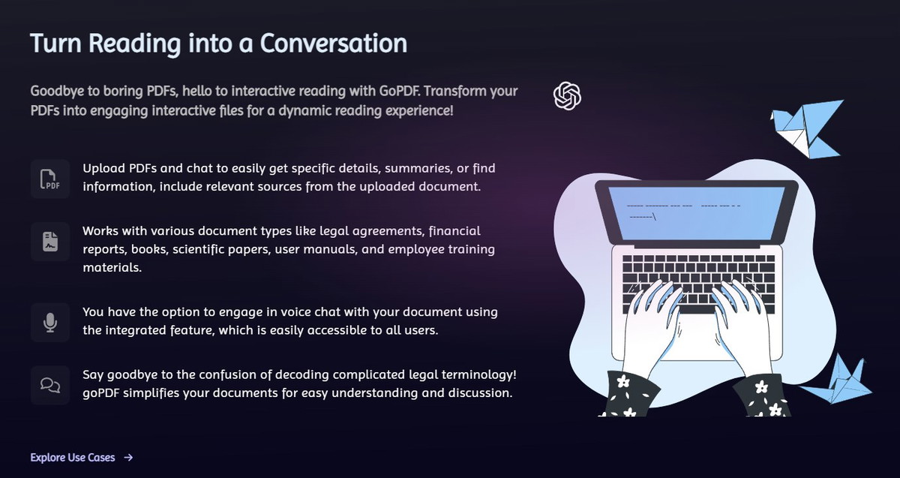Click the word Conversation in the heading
[x=334, y=43]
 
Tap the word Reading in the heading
[x=134, y=44]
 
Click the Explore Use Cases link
[x=73, y=458]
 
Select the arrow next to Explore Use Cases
[x=128, y=458]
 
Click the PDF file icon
[x=49, y=179]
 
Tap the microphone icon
[x=49, y=323]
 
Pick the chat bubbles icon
[x=50, y=385]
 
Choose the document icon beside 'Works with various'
[x=50, y=242]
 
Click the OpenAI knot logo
[x=567, y=96]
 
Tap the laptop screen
[x=697, y=213]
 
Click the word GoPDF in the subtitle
[x=399, y=91]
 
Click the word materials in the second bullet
[x=112, y=267]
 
